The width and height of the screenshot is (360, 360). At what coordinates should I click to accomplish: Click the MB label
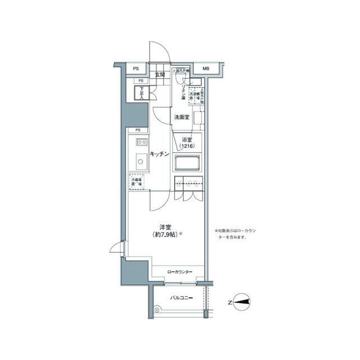[206, 69]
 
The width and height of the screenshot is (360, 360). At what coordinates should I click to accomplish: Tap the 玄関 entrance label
[160, 75]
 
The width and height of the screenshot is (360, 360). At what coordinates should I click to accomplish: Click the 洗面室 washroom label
[181, 118]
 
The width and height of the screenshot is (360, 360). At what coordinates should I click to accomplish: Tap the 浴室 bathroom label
[187, 139]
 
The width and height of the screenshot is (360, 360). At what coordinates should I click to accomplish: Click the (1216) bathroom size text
[187, 147]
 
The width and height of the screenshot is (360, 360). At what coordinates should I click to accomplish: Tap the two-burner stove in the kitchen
[139, 142]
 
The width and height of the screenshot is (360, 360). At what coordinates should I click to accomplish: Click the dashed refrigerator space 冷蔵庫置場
[137, 182]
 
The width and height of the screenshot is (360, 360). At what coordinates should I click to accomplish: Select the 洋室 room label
[165, 227]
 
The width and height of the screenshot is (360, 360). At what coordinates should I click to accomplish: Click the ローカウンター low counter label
[180, 272]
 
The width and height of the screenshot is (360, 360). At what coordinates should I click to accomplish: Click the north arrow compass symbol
[242, 301]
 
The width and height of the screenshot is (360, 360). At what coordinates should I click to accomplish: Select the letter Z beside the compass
[229, 301]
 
